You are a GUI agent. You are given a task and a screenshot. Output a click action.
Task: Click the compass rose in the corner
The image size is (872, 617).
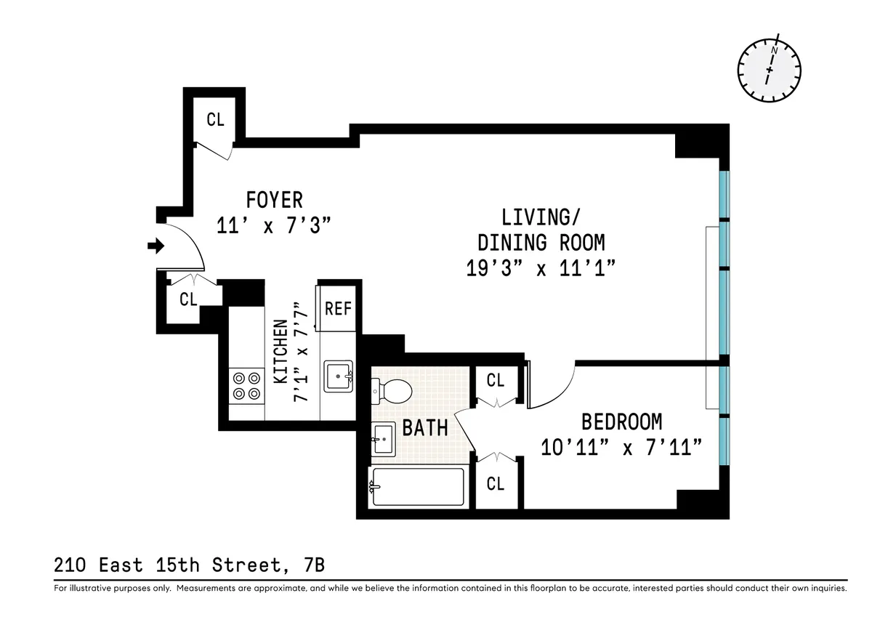pos(770,70)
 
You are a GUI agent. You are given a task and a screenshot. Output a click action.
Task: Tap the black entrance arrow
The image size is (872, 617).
pos(155,247)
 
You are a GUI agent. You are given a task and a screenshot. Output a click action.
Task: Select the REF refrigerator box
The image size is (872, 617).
pos(338,308)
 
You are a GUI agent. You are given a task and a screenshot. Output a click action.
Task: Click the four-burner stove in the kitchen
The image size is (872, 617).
pos(246,385)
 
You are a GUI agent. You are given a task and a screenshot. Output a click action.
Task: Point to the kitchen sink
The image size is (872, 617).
pos(338,376)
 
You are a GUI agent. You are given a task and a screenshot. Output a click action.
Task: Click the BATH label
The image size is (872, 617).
pos(425,427)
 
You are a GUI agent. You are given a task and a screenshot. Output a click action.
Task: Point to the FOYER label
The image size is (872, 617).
pos(274,199)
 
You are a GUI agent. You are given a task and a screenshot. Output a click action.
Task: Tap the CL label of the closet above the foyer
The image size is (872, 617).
pos(215,120)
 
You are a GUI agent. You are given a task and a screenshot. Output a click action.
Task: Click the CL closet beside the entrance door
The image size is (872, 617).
pos(188,299)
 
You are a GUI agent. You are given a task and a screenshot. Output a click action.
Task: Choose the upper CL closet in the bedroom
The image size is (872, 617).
pos(495,380)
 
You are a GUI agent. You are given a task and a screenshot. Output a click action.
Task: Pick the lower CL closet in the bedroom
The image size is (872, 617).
pos(495,483)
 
